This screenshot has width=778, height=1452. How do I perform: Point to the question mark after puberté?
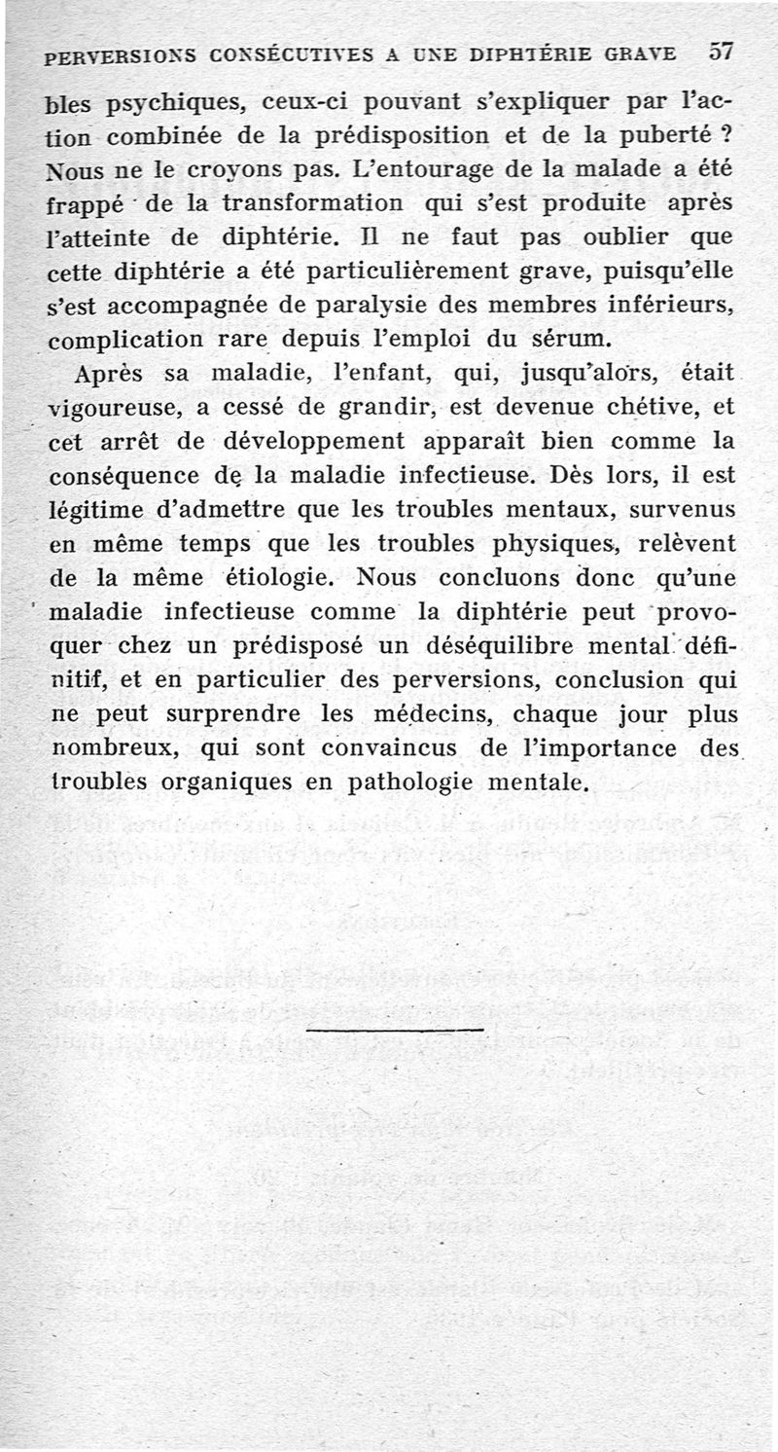pos(725,134)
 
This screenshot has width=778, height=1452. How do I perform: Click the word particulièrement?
pos(389,271)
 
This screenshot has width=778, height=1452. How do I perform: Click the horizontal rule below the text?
pos(395,1029)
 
